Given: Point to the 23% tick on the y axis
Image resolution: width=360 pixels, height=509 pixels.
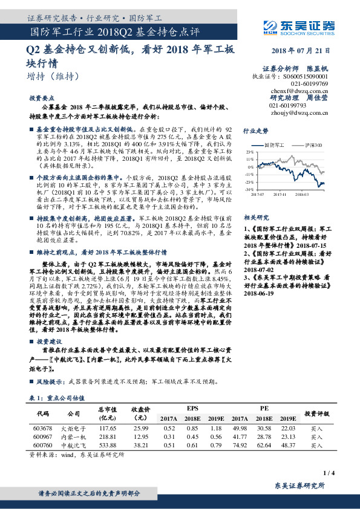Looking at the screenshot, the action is (249, 152).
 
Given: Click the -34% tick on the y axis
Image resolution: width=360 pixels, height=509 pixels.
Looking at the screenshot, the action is (248, 189).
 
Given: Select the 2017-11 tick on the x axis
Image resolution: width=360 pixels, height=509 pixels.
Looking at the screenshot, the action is (279, 194).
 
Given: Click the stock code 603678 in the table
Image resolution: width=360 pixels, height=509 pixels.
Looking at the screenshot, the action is (43, 427).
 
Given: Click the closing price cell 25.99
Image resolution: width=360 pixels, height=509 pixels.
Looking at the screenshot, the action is (140, 427).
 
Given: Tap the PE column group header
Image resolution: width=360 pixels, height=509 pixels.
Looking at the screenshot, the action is (264, 408).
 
